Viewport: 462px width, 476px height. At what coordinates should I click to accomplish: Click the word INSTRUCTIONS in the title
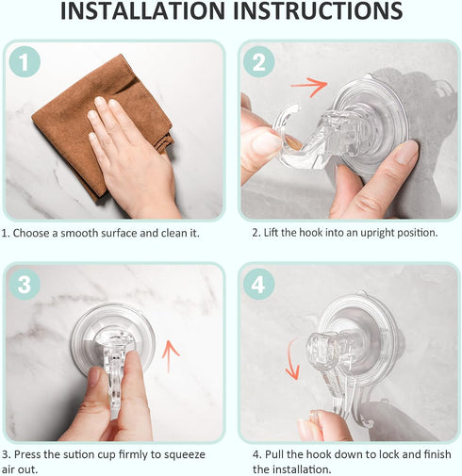322,13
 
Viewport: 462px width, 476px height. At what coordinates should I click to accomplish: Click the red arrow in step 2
308,87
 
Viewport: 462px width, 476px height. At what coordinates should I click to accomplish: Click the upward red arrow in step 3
171,355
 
